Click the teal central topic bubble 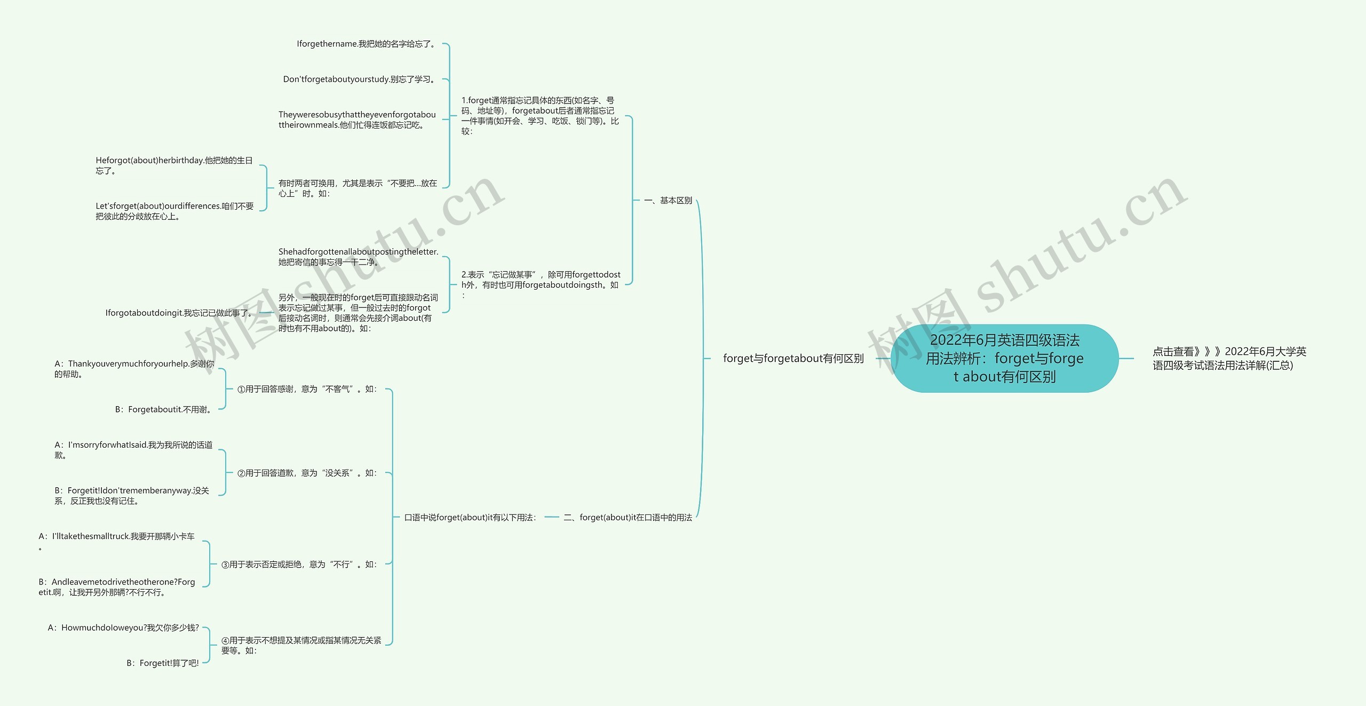(1004, 358)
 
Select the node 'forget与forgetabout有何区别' (793, 359)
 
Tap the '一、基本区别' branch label (668, 201)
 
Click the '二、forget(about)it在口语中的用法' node (628, 517)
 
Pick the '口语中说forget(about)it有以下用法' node (470, 517)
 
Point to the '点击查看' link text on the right (1229, 358)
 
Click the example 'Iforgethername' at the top (367, 44)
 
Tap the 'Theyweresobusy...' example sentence (357, 120)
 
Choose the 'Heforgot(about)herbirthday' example (174, 165)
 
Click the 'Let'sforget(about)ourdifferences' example (174, 211)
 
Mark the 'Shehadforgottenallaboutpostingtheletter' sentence (358, 257)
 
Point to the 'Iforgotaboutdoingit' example (178, 313)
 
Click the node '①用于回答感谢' (307, 389)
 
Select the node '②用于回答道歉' (307, 473)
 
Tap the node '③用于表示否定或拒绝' (299, 564)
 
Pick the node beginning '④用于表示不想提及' (301, 645)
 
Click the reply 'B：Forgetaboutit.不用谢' (164, 409)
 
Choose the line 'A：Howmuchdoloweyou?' (123, 628)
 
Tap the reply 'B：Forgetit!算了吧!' (162, 663)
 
